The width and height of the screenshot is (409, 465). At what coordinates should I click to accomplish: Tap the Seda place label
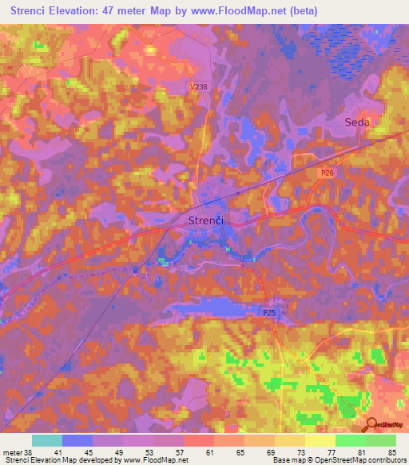pos(356,122)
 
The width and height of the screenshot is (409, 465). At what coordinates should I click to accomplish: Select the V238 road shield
pos(201,86)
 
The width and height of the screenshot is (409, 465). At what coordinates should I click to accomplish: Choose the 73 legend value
pos(302,451)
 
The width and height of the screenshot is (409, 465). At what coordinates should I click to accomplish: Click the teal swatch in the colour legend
pos(47,440)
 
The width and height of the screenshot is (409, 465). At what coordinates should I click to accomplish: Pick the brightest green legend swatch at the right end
pos(381,440)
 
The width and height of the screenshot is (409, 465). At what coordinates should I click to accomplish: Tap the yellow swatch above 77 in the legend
pos(320,440)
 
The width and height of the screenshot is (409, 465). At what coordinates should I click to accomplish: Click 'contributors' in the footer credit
pos(388,460)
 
